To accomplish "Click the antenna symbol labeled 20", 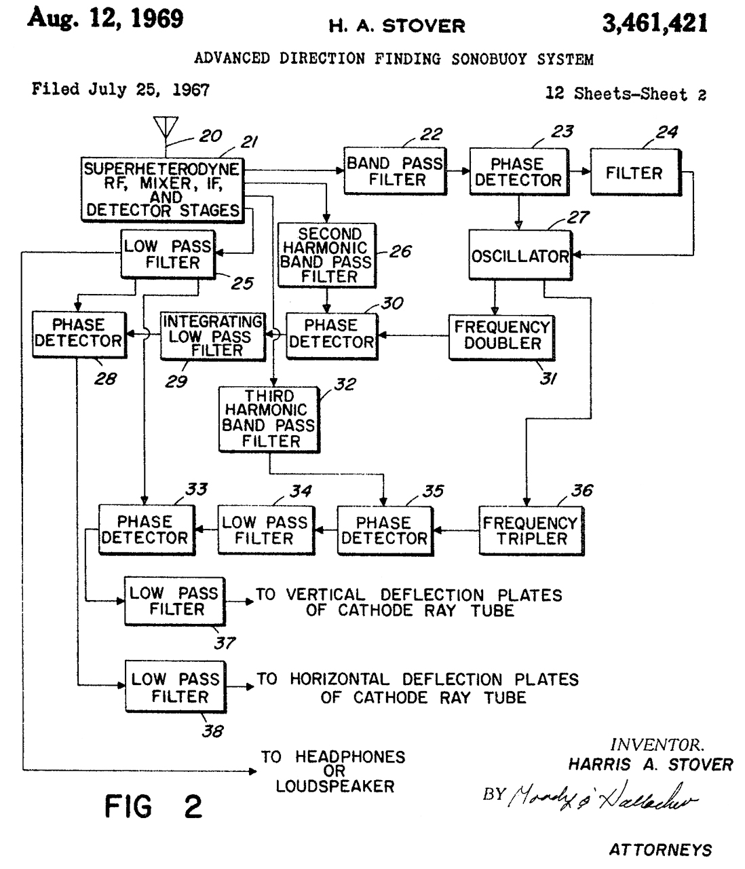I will [x=165, y=128].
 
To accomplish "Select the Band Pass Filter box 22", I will [x=395, y=172].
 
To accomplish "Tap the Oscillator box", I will [x=520, y=256].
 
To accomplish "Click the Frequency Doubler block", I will [x=501, y=335].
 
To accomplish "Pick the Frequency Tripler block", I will [x=531, y=531].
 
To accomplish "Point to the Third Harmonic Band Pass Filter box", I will [x=269, y=419].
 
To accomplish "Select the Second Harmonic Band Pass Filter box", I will [x=327, y=255].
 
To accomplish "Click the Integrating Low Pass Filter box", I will [x=212, y=335].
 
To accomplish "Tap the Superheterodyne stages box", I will [x=162, y=189].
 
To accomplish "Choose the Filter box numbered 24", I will [x=634, y=173].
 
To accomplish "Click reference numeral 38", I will [x=212, y=731].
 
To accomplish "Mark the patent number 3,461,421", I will [x=654, y=24].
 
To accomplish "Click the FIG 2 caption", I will [x=153, y=807].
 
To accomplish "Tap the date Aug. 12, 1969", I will [x=105, y=18].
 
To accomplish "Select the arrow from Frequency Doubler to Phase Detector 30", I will [x=413, y=335].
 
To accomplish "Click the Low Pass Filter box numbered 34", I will [x=265, y=530].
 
